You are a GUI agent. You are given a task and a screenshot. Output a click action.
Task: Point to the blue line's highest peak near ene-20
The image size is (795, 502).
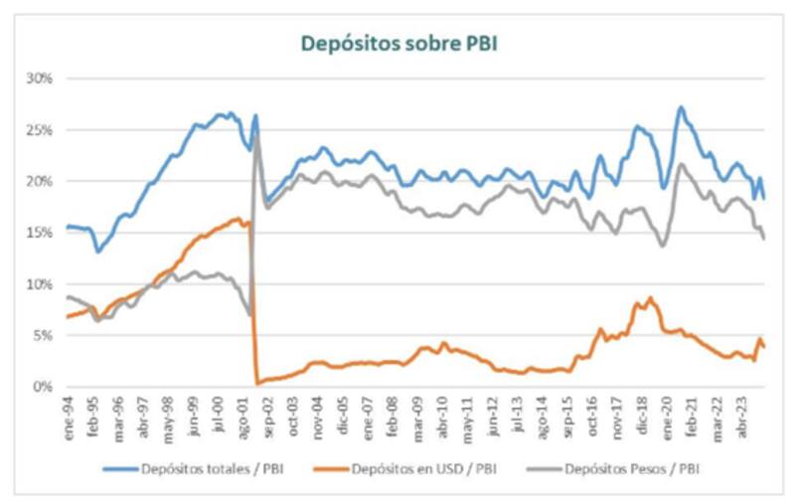click(681, 107)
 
